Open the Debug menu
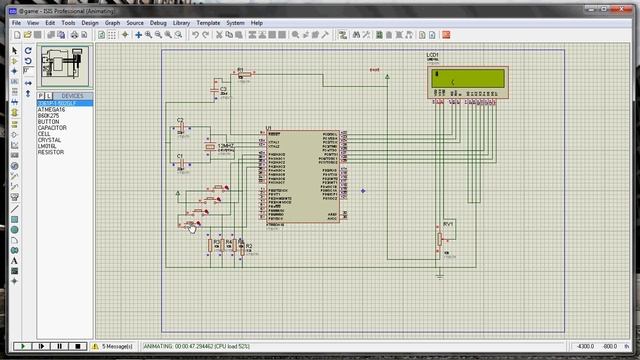158,22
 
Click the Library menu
181,22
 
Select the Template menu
208,22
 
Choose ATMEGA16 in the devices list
52,109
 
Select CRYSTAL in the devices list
50,140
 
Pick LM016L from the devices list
48,146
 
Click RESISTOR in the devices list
51,152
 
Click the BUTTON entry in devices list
49,121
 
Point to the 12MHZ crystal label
226,146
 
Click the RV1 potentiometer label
448,224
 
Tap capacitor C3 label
224,89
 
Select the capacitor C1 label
181,156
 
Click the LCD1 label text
432,55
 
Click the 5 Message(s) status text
118,346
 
